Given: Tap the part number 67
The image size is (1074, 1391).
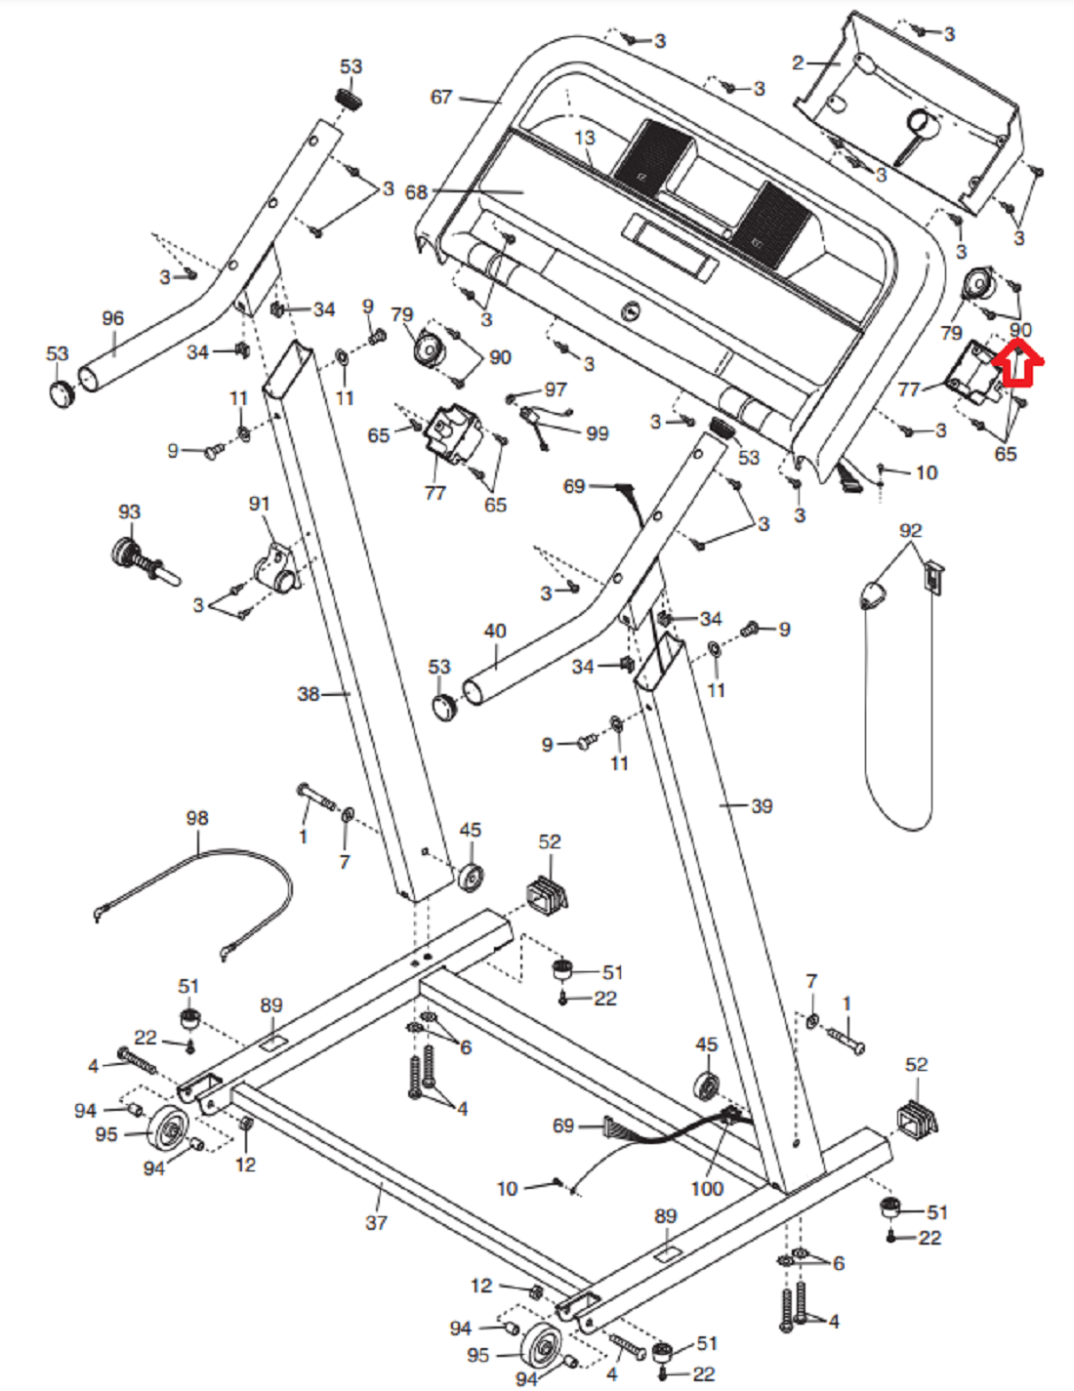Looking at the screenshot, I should [x=441, y=97].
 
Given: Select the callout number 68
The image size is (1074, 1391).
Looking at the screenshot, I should [x=417, y=192].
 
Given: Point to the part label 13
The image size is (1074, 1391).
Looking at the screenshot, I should [x=584, y=138].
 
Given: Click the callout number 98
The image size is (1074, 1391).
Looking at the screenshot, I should [x=197, y=818].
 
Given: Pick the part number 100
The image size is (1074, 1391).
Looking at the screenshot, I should [x=706, y=1189].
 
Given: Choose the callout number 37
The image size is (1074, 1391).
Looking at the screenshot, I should [x=376, y=1222].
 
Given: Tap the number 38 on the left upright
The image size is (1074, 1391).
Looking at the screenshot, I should [x=309, y=694].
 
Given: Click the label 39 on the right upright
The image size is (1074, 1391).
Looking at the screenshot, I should [x=762, y=806].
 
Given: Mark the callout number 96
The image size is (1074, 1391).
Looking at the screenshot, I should [x=113, y=318].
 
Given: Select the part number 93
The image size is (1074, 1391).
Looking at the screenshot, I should [x=129, y=511].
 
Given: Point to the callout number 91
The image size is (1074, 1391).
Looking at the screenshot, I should [x=259, y=504].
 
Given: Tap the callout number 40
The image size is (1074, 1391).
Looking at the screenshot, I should [x=495, y=632].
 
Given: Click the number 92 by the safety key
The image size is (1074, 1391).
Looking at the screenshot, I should [x=910, y=530].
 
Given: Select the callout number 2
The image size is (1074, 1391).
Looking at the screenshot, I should [x=798, y=63].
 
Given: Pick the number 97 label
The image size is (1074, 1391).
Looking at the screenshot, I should [x=556, y=389].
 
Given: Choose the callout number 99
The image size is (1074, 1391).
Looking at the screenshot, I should [x=597, y=433].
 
